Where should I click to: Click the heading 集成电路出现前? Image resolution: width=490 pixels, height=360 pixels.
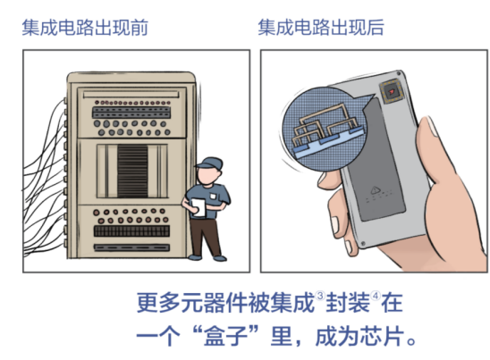pos(84,28)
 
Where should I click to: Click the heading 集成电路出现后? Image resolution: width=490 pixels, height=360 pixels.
pos(321,28)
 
